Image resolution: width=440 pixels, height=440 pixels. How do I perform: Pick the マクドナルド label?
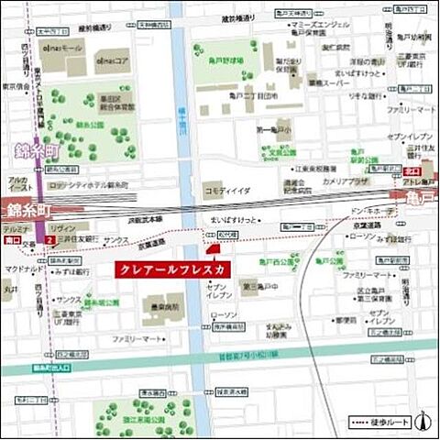pos(23,269)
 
